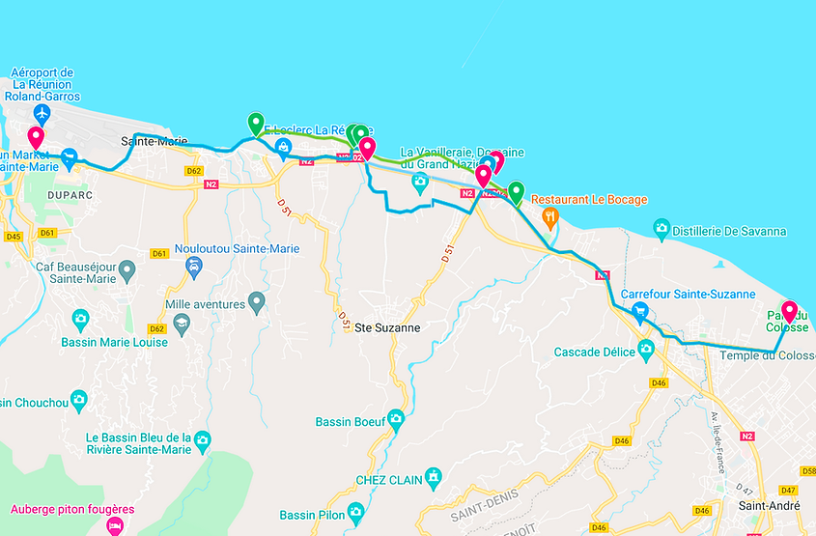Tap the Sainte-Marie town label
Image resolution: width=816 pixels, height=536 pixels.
pos(154,141)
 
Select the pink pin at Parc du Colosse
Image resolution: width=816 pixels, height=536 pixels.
pos(789,311)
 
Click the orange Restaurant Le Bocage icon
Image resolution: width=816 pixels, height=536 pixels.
pos(550,216)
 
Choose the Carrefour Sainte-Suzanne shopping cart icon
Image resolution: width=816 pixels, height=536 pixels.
pos(638,311)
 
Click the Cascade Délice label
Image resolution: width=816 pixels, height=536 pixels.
pos(595,353)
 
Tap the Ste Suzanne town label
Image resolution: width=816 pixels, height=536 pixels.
pos(388,327)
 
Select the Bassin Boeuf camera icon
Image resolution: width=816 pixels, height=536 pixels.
pos(395,418)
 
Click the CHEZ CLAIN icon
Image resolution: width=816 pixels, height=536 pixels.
pos(435,476)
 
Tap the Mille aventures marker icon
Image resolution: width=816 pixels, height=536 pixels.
pos(256,303)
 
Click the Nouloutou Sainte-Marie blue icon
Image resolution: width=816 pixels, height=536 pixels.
pos(194,267)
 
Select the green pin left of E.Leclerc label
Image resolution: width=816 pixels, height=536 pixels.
pos(256,123)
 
